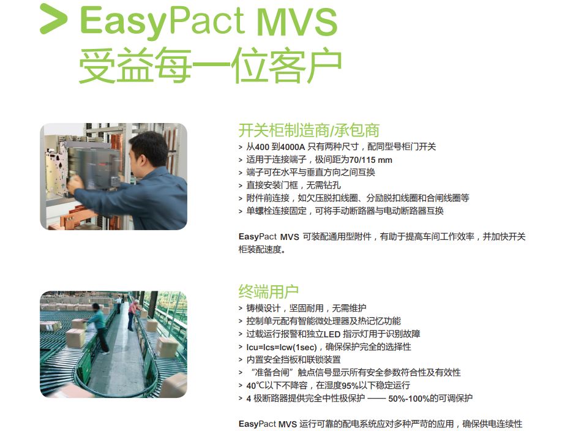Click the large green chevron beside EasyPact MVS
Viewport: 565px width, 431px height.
click(x=53, y=19)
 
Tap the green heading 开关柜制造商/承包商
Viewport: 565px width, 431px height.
click(x=309, y=130)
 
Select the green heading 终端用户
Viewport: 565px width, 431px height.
click(x=269, y=291)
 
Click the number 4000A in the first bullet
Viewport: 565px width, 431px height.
click(x=293, y=147)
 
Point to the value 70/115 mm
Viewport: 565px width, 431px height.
click(x=371, y=160)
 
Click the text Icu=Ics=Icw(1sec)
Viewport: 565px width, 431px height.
click(x=282, y=347)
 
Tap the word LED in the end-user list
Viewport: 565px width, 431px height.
click(x=332, y=334)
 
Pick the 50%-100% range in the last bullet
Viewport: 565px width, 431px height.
click(x=409, y=398)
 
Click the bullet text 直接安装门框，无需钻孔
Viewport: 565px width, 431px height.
click(x=293, y=186)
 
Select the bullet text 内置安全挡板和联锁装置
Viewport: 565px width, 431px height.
click(x=293, y=359)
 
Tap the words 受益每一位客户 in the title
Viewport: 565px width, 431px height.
click(x=210, y=66)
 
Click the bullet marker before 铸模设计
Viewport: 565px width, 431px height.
click(x=241, y=309)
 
